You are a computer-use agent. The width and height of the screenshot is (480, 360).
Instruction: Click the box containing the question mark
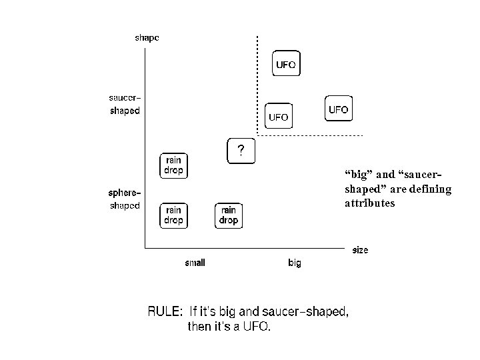coord(241,150)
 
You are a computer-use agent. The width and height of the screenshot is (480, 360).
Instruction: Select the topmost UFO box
coord(286,65)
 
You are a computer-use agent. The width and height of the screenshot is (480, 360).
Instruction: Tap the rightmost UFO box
coord(339,109)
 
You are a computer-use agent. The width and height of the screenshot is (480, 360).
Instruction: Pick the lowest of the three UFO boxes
coord(279,117)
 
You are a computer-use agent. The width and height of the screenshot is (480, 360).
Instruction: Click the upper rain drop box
coord(173,165)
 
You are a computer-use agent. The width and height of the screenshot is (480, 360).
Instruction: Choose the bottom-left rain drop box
coord(173,215)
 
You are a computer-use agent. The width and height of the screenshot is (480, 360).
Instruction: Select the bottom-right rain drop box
coord(229,215)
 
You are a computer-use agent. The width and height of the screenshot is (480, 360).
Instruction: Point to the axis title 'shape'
coord(147,38)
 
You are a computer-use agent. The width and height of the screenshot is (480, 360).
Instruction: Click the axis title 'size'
coord(360,250)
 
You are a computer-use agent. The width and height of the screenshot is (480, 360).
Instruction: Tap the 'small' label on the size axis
coord(195,263)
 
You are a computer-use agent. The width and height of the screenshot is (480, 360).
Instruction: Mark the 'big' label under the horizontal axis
coord(295,263)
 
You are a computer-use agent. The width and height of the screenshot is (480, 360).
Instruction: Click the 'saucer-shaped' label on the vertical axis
coord(125,105)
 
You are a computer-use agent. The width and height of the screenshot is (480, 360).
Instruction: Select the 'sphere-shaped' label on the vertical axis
coord(125,199)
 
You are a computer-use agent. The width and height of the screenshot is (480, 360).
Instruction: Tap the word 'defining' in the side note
coord(429,189)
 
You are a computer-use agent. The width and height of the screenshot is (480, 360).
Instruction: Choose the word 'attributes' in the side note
coord(369,203)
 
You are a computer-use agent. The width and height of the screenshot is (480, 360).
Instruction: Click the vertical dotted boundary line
coord(257,87)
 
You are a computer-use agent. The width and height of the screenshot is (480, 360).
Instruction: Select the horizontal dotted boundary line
coord(310,136)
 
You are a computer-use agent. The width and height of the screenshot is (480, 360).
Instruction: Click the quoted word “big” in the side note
coord(359,175)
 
